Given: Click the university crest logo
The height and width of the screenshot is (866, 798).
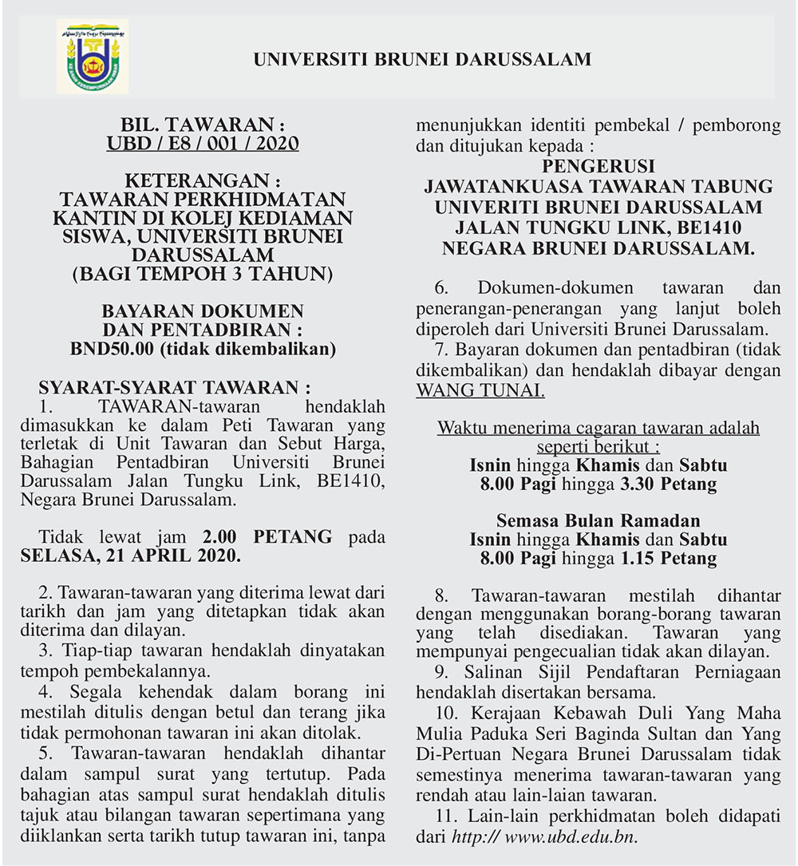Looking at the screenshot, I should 93,57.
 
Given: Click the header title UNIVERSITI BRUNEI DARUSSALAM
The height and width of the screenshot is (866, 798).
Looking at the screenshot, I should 422,59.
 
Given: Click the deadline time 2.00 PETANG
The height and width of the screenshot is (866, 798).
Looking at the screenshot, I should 267,536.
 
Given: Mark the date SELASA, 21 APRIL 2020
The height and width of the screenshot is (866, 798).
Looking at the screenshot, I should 130,555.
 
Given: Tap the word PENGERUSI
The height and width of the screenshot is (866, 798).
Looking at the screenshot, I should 598,167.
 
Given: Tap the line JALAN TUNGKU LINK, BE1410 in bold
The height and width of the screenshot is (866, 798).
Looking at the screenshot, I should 598,227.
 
